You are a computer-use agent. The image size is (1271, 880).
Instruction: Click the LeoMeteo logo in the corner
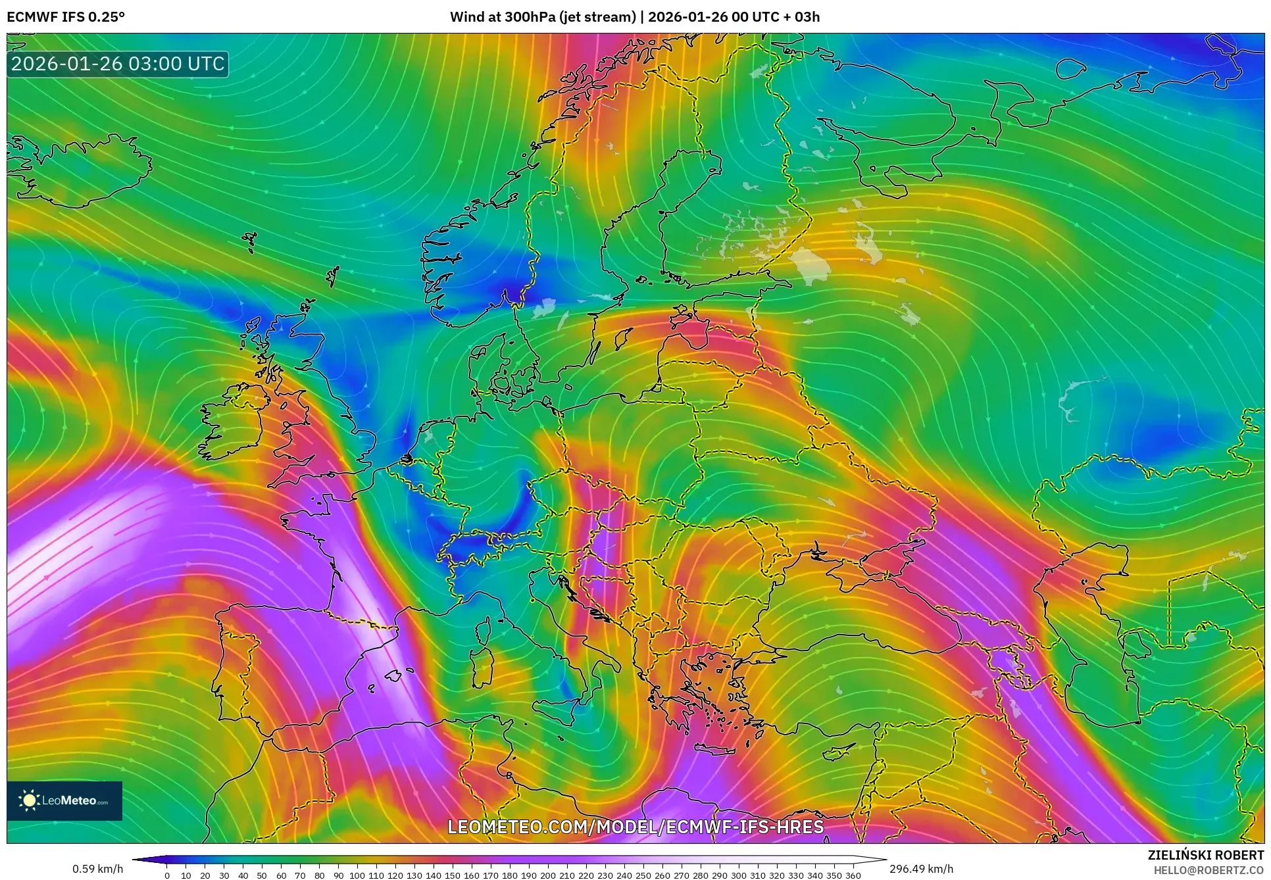coord(64,800)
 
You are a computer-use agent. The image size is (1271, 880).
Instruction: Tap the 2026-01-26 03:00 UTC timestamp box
coord(118,64)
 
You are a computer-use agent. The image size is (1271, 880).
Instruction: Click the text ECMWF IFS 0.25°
coord(66,17)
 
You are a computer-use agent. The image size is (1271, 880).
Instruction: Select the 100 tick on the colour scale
coord(357,875)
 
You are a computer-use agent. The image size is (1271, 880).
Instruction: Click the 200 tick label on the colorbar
coord(547,875)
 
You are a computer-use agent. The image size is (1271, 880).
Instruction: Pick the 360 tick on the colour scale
coord(853,875)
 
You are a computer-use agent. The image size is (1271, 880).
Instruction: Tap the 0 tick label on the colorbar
coord(167,875)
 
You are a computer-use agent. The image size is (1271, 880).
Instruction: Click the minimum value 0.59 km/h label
coord(97,869)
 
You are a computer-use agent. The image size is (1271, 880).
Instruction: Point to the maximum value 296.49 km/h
coord(921,869)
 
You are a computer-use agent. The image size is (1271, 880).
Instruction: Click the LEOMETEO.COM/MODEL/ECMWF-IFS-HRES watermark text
coord(635,827)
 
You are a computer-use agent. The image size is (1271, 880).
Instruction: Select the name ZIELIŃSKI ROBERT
coord(1206,855)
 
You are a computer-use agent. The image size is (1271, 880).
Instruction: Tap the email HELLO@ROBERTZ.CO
coord(1210,870)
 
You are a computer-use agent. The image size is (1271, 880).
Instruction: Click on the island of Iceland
coord(79,168)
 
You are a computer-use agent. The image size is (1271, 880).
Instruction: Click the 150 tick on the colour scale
coord(452,875)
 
